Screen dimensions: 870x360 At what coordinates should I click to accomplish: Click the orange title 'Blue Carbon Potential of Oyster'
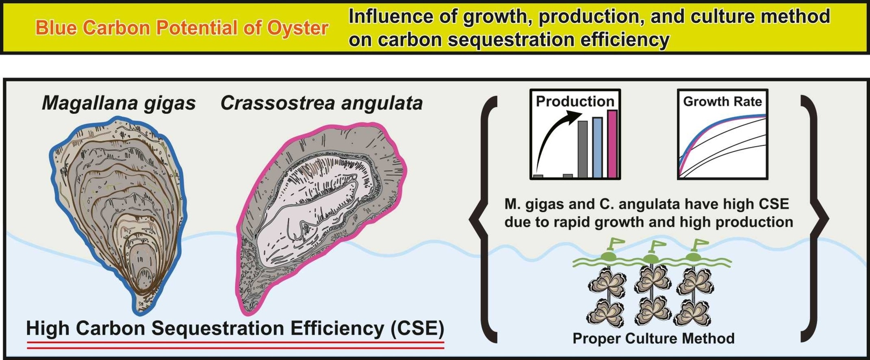[x=182, y=28]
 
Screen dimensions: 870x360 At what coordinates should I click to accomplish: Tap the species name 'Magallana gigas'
[x=119, y=104]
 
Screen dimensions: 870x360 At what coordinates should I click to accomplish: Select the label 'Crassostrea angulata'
[x=321, y=104]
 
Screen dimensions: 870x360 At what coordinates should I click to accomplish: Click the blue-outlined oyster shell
[x=118, y=215]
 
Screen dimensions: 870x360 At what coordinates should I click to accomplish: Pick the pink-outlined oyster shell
[x=321, y=219]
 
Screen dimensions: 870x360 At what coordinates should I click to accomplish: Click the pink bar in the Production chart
[x=612, y=144]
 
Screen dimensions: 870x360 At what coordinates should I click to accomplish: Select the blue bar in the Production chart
[x=597, y=147]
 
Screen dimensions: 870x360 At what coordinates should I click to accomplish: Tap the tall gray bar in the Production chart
[x=582, y=149]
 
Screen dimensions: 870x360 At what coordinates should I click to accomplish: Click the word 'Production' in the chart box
[x=575, y=101]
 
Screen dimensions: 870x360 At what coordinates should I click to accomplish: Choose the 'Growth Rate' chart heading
[x=722, y=101]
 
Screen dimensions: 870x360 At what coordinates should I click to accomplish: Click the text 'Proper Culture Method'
[x=653, y=338]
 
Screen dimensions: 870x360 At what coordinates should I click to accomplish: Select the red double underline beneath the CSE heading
[x=236, y=345]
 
